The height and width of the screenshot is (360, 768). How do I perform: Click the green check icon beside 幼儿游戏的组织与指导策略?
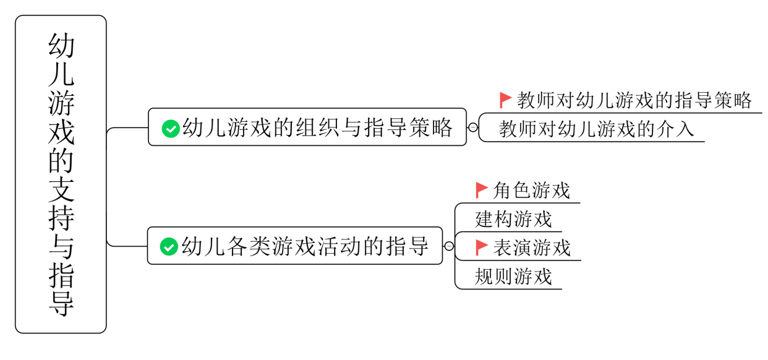pyautogui.click(x=170, y=129)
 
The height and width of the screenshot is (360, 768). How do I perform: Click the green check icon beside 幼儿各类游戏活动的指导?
pyautogui.click(x=168, y=246)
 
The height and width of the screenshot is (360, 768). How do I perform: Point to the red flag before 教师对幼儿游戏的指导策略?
pyautogui.click(x=505, y=100)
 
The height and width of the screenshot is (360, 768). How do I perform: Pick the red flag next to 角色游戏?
pyautogui.click(x=482, y=190)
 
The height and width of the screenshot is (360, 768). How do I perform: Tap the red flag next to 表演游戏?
pyautogui.click(x=482, y=248)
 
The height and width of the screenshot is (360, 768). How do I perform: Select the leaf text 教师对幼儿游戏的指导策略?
pyautogui.click(x=634, y=100)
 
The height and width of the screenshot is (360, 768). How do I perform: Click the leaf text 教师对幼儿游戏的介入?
pyautogui.click(x=597, y=129)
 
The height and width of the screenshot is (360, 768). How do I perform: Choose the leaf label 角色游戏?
pyautogui.click(x=531, y=191)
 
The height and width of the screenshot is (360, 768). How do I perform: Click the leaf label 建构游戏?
pyautogui.click(x=513, y=219)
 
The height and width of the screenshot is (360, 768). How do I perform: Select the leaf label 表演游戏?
pyautogui.click(x=531, y=248)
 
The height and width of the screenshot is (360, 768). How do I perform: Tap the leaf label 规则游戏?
pyautogui.click(x=513, y=276)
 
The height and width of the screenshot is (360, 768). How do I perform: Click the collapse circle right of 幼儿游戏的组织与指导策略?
pyautogui.click(x=473, y=128)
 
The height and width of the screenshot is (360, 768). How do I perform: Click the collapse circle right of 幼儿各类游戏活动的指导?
pyautogui.click(x=449, y=246)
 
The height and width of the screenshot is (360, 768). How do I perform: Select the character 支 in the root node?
pyautogui.click(x=61, y=189)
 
